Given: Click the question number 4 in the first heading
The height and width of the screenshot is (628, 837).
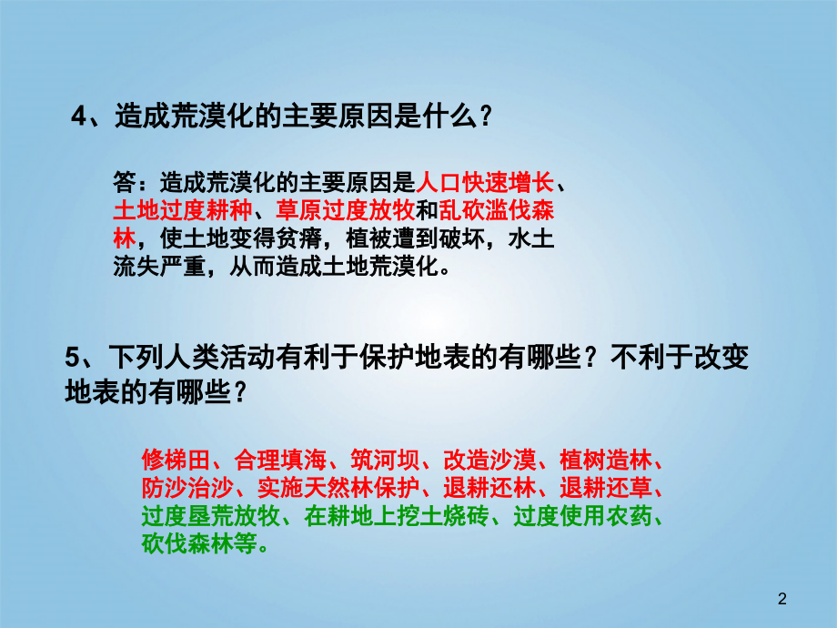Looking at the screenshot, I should pyautogui.click(x=78, y=117).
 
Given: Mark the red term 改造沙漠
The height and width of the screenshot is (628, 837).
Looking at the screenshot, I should pyautogui.click(x=483, y=457).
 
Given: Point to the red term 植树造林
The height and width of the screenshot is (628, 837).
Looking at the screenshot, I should pyautogui.click(x=608, y=457).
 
